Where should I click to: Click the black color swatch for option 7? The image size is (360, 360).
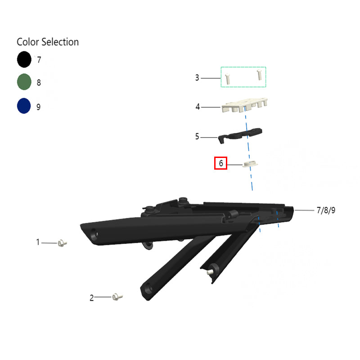click(24, 59)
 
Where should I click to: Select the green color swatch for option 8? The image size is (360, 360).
click(24, 82)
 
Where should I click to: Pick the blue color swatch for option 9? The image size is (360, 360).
click(24, 106)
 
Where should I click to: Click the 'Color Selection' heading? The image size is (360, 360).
click(48, 42)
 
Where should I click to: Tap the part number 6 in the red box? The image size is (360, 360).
click(221, 163)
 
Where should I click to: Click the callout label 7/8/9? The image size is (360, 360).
click(326, 210)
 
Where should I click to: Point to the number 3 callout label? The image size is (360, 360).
click(197, 77)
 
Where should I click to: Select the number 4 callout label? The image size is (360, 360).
click(198, 107)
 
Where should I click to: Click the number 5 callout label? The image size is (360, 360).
click(197, 136)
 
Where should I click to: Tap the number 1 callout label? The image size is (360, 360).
click(38, 242)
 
